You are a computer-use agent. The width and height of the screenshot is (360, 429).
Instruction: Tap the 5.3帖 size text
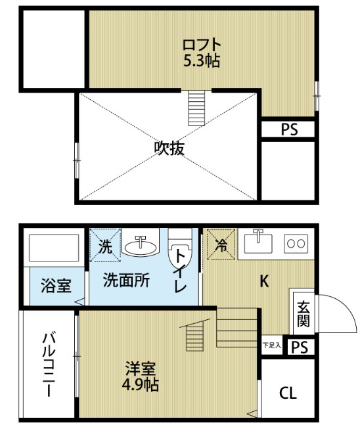202,61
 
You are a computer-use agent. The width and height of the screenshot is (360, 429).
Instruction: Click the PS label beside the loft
289,129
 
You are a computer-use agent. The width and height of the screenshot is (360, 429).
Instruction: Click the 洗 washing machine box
105,244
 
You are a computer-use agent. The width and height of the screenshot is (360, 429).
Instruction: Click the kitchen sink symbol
258,244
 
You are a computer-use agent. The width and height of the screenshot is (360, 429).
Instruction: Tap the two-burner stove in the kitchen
295,243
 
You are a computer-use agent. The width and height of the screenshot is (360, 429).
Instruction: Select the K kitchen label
264,281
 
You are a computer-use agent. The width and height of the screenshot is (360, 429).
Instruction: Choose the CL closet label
288,394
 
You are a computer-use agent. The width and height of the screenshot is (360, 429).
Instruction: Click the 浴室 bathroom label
56,286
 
